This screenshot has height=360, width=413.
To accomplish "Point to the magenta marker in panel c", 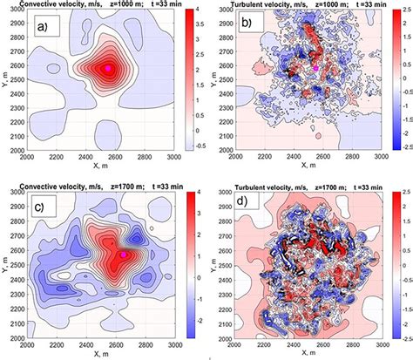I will [x=124, y=254].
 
